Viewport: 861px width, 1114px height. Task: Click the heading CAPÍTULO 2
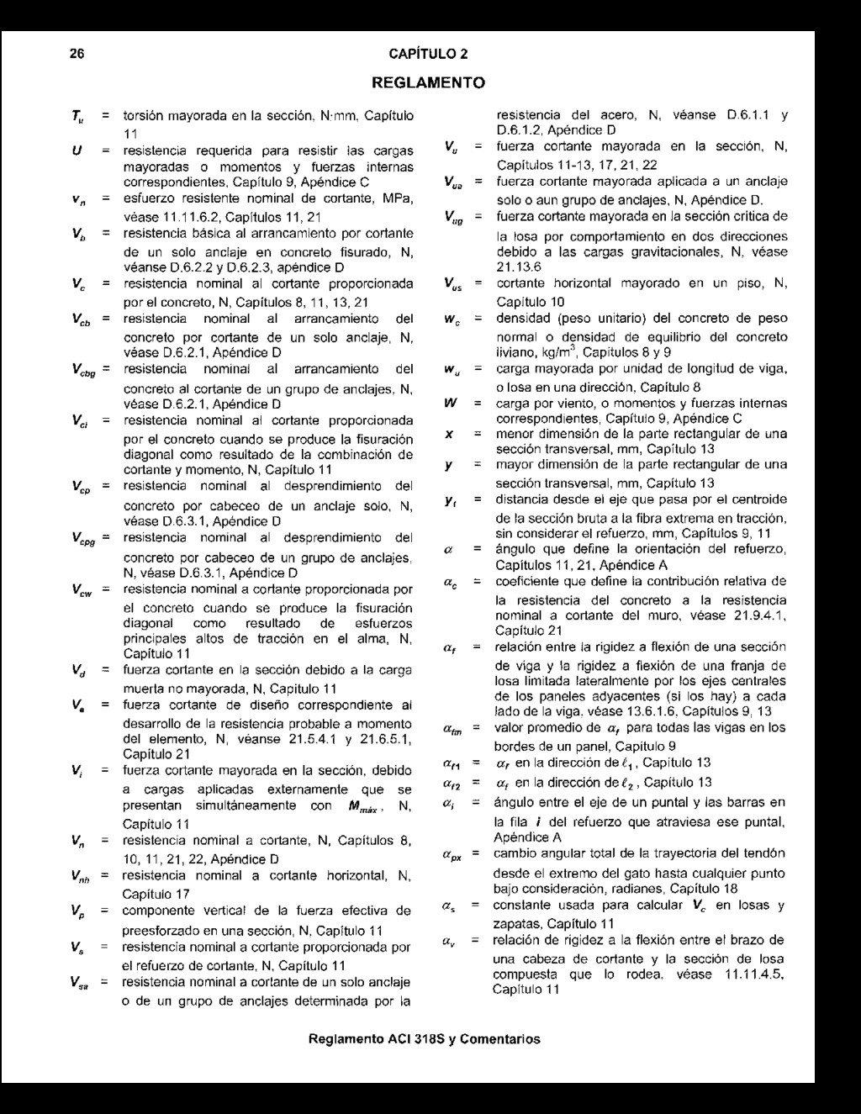(429, 55)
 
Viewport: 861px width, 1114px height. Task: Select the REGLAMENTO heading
(428, 83)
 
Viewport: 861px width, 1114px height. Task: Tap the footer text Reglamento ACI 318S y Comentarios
(425, 1038)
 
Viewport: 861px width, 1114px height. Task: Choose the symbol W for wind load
(451, 403)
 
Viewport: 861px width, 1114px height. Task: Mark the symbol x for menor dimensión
(450, 434)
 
